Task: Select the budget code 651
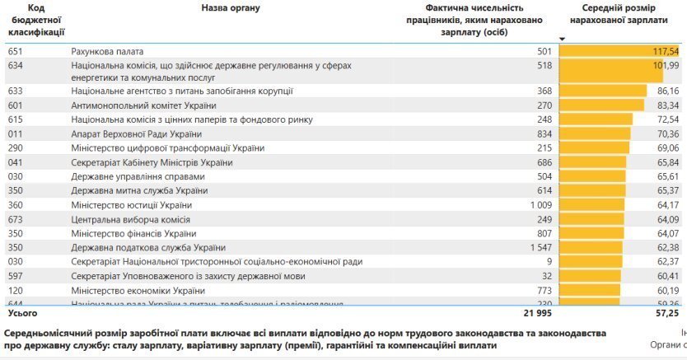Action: (15, 51)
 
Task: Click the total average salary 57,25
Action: (667, 314)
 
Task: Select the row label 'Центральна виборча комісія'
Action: (130, 219)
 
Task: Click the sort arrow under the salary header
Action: (563, 39)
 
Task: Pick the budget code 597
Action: (15, 276)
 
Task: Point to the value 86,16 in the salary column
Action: (667, 91)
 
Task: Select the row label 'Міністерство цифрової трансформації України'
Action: (167, 148)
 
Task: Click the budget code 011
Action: (15, 134)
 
